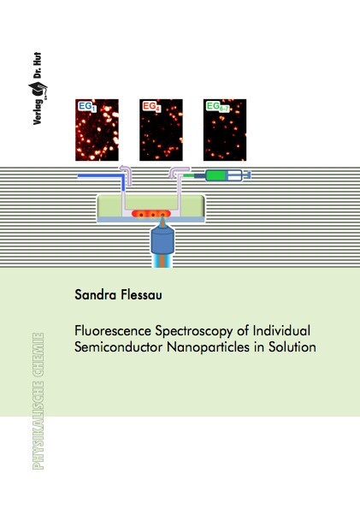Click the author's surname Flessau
point(142,295)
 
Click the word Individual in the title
point(281,331)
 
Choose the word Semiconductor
point(119,347)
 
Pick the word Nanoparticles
point(208,347)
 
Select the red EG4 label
point(151,106)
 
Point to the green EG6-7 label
point(218,106)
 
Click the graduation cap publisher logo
point(38,90)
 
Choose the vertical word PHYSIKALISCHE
point(38,425)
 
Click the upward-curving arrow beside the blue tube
point(127,175)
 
